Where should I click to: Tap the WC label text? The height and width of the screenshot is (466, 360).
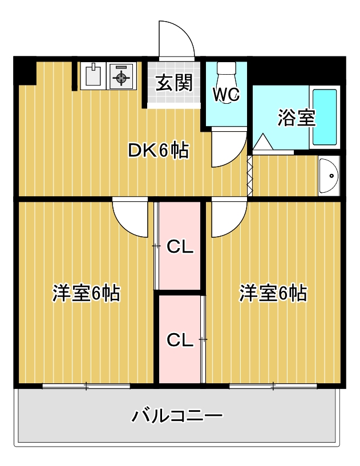coord(226,94)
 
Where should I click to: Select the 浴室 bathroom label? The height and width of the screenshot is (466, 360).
coord(297,117)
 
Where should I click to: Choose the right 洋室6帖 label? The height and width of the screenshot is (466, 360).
coord(273,293)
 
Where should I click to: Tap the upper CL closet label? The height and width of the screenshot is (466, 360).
coord(181,248)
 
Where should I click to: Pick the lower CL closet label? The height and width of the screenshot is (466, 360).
coord(180,340)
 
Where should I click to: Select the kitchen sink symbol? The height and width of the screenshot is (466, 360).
coord(92,76)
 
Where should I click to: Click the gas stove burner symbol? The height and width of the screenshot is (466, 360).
coord(121,76)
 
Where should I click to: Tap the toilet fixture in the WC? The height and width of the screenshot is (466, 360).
coord(226,74)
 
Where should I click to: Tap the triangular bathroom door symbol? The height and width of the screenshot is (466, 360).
coord(263,142)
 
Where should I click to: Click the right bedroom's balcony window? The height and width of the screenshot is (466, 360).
coord(273,387)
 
